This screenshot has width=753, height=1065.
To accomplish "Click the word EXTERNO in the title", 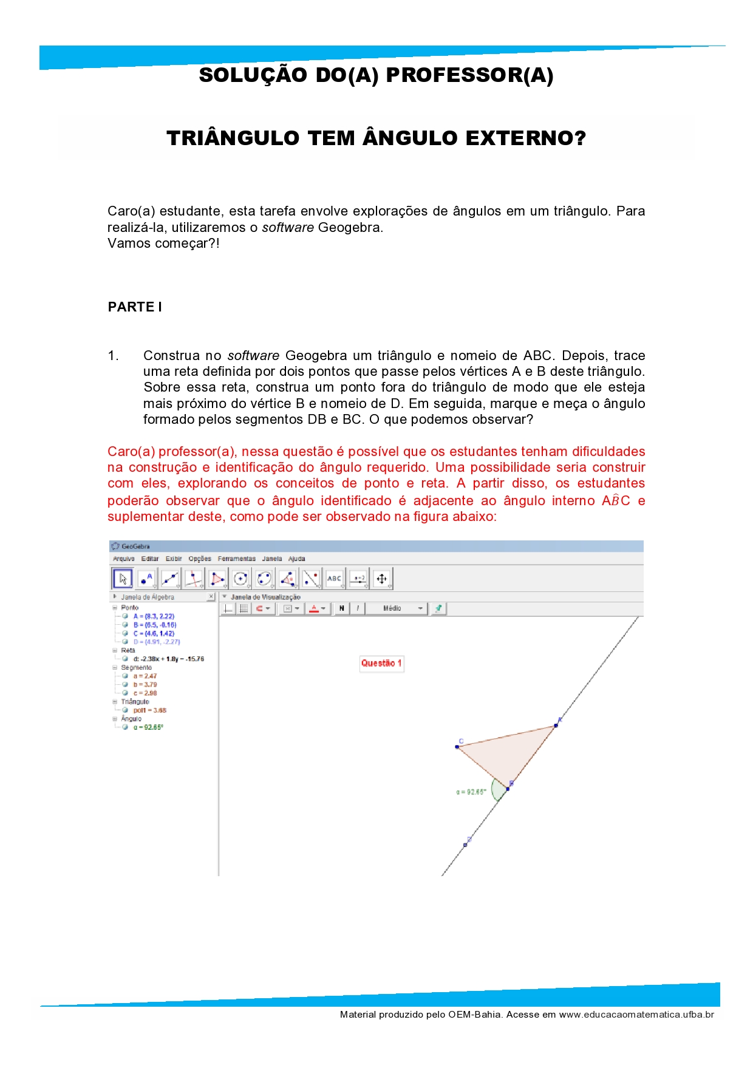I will pos(525,138).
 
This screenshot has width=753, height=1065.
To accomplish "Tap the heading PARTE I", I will pos(135,307).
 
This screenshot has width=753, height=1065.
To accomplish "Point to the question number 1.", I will pos(113,356).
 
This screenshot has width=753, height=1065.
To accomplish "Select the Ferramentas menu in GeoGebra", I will pos(237,559).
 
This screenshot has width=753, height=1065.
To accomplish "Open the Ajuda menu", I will pos(296,559).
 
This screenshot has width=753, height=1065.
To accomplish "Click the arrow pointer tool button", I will pos(123,579).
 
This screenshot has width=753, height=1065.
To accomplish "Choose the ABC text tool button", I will pos(334,579).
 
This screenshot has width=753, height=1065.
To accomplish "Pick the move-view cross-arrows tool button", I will pos(381,579).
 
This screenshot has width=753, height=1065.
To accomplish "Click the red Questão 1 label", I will pos(381,663).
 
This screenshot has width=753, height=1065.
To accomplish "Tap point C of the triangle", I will pos(457,746).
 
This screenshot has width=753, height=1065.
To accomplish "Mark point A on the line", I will pos(556,725).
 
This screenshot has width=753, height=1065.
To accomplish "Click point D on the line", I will pos(466,845).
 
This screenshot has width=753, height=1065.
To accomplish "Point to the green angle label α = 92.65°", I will pos(471,792).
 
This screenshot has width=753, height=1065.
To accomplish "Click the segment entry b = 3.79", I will pos(145,684).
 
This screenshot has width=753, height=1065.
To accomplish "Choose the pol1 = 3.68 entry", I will pos(149,710).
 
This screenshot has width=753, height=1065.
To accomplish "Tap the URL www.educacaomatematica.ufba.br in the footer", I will pos(636,1015).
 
